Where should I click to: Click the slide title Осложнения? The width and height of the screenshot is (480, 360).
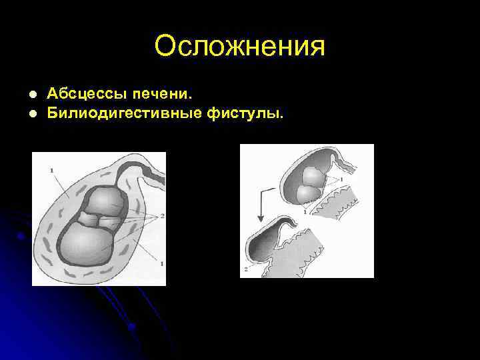click(x=239, y=47)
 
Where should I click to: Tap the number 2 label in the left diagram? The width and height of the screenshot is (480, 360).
click(x=162, y=216)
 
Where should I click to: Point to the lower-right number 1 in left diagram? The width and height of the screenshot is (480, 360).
click(x=161, y=265)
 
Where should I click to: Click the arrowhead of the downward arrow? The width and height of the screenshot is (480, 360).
click(x=261, y=219)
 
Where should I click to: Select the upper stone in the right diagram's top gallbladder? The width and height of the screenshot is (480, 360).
click(x=312, y=177)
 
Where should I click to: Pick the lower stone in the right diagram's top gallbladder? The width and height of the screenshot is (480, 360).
click(x=306, y=194)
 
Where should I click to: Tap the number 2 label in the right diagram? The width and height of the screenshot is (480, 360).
click(x=245, y=269)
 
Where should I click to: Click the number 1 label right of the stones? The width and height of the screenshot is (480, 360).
click(x=342, y=179)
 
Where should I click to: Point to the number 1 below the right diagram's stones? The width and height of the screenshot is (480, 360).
click(x=305, y=211)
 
